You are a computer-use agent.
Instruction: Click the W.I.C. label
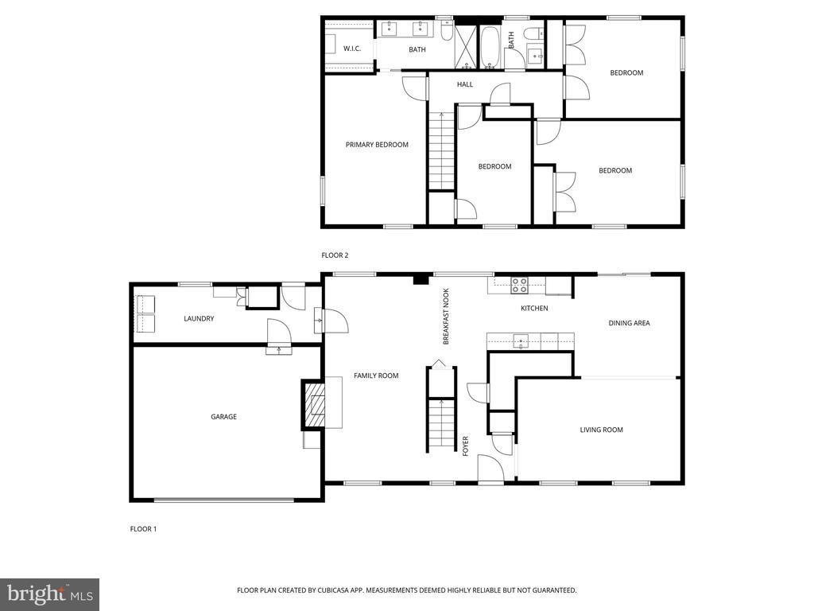(351, 49)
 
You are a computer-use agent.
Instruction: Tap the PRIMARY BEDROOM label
(377, 145)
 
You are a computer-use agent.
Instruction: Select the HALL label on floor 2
(465, 84)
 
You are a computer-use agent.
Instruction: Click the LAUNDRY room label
(199, 318)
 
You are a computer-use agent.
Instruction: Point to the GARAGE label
(223, 417)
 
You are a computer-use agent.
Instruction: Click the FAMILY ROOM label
(376, 376)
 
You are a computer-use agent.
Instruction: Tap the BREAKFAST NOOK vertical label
(445, 317)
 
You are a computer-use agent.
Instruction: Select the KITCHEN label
(534, 308)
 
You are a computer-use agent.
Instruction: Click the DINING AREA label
(630, 323)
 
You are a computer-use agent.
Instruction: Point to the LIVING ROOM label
(601, 430)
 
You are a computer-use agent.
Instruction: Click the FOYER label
(465, 446)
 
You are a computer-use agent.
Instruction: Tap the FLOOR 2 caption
(335, 255)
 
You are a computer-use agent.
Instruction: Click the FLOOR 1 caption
(143, 529)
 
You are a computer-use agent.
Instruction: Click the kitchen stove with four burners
(520, 286)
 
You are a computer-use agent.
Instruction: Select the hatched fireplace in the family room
(314, 404)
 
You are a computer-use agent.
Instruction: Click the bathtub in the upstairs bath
(490, 47)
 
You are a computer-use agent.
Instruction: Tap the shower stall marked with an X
(465, 46)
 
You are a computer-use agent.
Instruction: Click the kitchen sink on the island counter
(521, 341)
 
